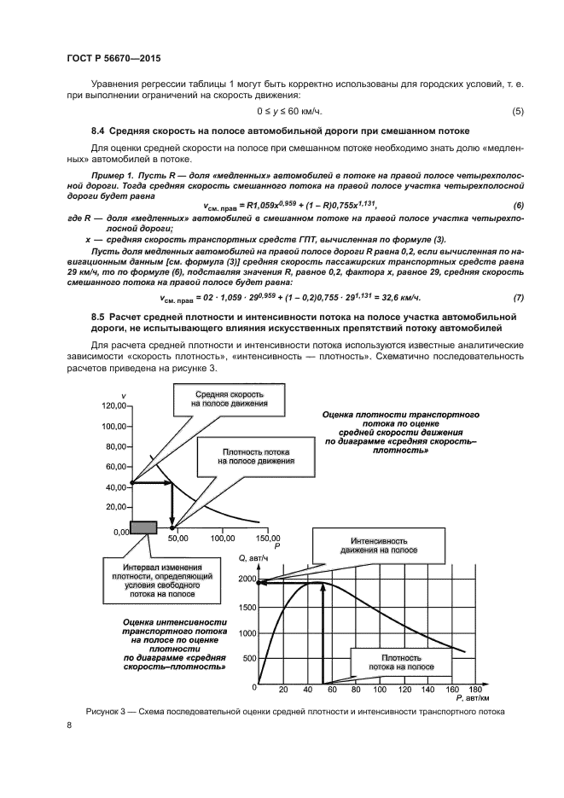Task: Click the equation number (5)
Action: [517, 112]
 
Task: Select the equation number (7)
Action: [517, 297]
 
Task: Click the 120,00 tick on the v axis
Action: [112, 405]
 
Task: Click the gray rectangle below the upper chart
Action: [142, 527]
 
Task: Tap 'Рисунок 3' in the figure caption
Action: [108, 711]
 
